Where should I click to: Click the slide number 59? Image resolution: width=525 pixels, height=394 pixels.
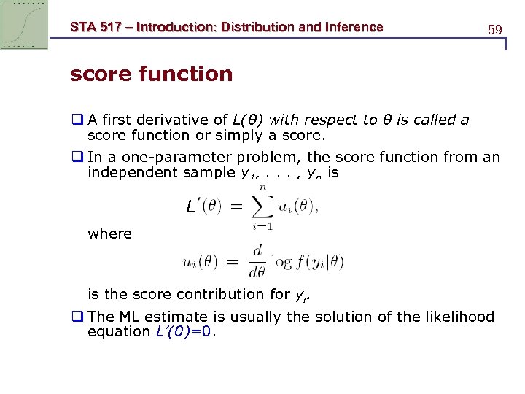coord(495,30)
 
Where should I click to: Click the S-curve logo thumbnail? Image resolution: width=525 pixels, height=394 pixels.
coord(25,25)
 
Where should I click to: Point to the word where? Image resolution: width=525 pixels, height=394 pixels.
coord(109,233)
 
